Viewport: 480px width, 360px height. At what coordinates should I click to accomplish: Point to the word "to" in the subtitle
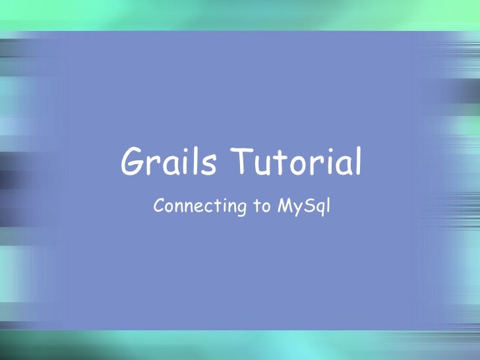(x=260, y=207)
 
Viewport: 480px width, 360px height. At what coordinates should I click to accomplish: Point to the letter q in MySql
(x=318, y=209)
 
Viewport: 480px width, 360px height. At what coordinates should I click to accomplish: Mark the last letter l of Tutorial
(x=358, y=162)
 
